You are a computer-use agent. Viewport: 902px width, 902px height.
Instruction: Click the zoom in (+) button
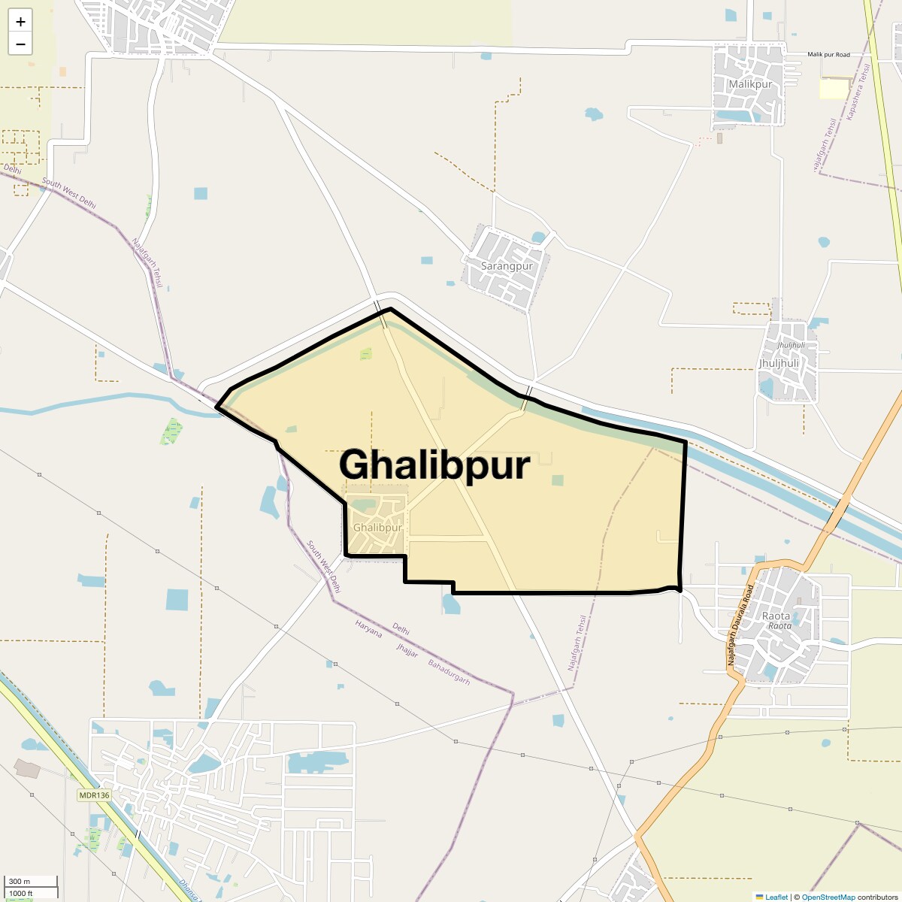tap(20, 22)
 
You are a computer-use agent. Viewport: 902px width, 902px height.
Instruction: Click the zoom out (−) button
tap(20, 44)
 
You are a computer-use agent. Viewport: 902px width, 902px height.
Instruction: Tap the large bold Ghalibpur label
tap(434, 465)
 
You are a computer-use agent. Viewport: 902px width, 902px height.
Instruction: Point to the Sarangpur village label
tap(507, 266)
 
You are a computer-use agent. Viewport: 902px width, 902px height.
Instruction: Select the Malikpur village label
tap(749, 84)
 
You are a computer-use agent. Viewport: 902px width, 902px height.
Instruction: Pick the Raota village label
tap(776, 616)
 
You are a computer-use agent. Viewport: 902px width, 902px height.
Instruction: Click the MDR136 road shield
tap(94, 795)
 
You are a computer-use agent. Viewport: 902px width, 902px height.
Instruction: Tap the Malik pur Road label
tap(828, 55)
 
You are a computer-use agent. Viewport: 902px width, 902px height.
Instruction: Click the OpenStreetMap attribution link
tap(828, 897)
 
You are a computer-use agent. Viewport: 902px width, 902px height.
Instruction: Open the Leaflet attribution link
tap(776, 897)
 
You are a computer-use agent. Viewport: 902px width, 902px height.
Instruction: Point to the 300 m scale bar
tap(30, 882)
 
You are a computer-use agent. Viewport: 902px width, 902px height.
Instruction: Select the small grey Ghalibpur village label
tap(377, 528)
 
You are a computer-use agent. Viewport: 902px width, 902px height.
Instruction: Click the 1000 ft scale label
tap(21, 893)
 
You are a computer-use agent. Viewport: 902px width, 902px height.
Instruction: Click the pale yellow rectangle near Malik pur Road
tap(833, 89)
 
